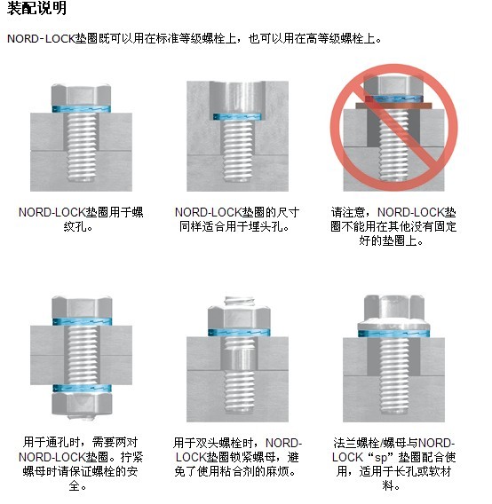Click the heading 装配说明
click(x=36, y=10)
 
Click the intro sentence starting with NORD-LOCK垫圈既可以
click(x=195, y=40)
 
